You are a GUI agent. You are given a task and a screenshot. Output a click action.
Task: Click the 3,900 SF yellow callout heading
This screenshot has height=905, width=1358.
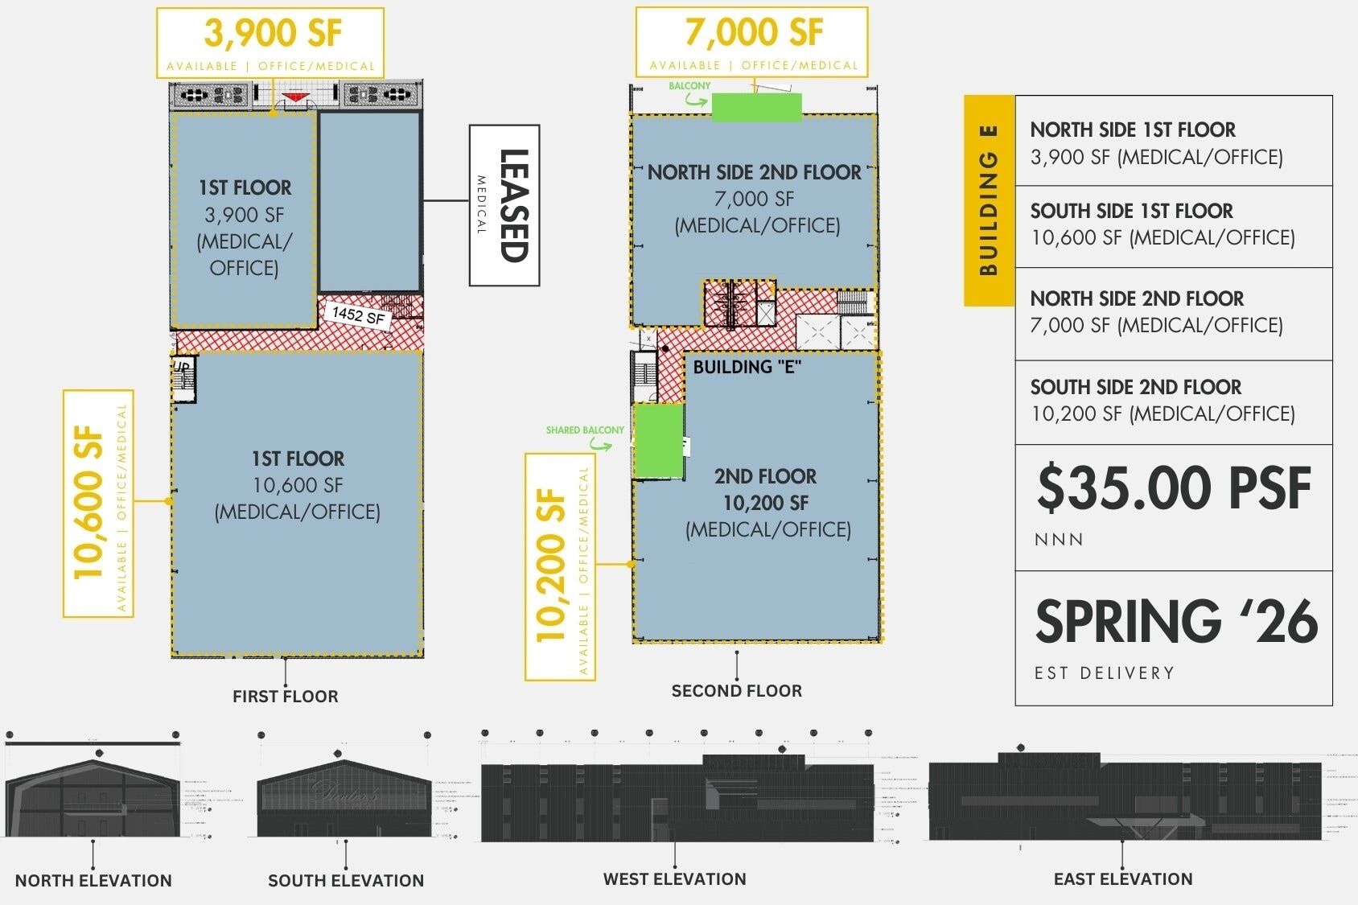(272, 34)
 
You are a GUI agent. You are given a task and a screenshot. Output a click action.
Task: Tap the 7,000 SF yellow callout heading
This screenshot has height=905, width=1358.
(753, 34)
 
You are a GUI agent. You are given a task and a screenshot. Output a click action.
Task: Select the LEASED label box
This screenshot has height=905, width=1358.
(504, 205)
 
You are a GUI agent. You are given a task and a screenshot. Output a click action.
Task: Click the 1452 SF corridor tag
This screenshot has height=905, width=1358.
(358, 315)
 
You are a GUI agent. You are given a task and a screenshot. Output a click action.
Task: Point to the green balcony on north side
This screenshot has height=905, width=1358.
(756, 107)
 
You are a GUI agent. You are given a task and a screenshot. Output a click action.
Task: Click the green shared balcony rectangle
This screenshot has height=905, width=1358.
(659, 441)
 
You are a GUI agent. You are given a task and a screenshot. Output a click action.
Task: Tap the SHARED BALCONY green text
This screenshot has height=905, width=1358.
(585, 430)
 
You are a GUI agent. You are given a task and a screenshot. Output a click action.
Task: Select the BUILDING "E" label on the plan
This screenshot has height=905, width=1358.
(747, 367)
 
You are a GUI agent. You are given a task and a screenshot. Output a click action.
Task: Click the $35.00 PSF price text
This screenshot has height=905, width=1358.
(1173, 488)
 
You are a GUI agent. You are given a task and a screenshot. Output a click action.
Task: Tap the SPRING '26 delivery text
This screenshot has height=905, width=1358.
(1175, 622)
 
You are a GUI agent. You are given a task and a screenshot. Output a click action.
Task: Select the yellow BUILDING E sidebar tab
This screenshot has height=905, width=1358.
(989, 200)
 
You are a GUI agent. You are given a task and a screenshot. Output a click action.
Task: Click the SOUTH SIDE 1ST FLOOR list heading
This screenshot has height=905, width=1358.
(1131, 211)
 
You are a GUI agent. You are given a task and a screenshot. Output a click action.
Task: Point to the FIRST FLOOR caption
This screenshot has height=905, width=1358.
(285, 697)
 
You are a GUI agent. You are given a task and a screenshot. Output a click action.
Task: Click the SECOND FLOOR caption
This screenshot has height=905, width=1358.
(736, 691)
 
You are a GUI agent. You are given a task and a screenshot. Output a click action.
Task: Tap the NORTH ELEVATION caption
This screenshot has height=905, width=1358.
(93, 881)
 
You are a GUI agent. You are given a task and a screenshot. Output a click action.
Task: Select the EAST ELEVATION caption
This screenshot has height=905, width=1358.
(1123, 879)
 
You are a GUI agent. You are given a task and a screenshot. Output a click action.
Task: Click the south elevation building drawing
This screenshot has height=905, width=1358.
(344, 798)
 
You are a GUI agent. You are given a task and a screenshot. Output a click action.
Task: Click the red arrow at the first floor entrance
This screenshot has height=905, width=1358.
(296, 97)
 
